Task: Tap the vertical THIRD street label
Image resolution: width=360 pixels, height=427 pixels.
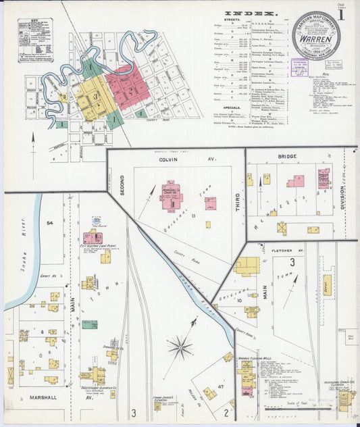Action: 238,203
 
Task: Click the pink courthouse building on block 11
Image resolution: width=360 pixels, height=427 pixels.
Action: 171,197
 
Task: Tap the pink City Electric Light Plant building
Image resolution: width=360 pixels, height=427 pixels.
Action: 93,237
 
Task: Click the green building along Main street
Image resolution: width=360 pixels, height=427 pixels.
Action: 89,324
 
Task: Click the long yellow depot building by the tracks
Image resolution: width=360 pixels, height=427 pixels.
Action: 327,284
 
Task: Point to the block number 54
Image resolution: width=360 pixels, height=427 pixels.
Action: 49,223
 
